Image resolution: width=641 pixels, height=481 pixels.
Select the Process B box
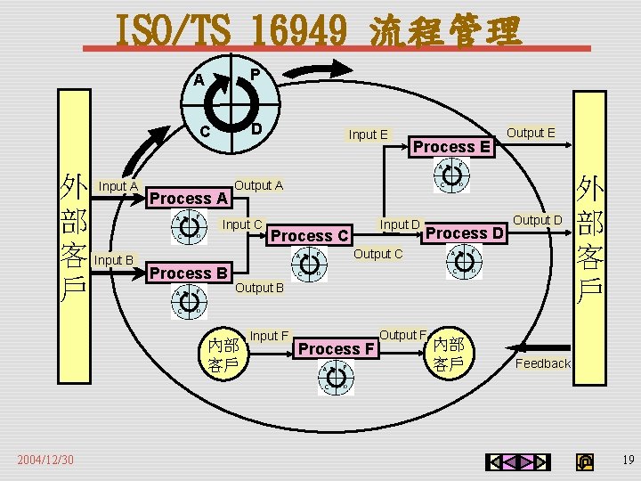(189, 273)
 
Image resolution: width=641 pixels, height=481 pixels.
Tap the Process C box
(309, 236)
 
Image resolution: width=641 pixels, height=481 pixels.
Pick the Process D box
(465, 233)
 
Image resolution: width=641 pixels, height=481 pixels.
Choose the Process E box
(452, 146)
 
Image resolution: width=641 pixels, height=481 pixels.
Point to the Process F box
(336, 349)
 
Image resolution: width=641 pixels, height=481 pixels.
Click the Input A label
(118, 186)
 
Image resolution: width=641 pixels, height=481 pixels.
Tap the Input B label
(113, 260)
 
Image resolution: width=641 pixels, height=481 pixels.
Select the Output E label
(531, 134)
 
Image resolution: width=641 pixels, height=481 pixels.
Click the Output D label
(538, 220)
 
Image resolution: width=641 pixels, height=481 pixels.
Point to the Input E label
(368, 135)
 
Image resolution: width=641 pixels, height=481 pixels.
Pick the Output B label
(259, 288)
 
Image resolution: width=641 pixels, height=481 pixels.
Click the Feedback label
(543, 363)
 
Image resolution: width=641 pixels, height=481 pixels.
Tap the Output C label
(378, 254)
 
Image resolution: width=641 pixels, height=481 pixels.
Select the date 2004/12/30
(45, 460)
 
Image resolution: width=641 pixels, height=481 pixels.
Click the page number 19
(629, 461)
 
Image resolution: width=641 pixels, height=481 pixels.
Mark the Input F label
(269, 336)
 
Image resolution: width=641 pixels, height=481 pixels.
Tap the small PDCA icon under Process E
(450, 176)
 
